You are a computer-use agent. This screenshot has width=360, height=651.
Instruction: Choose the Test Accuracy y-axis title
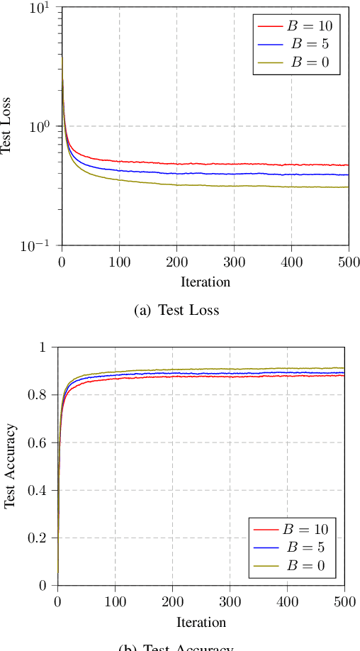pos(10,466)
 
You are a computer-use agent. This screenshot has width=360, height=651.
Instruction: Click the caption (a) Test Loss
pos(176,310)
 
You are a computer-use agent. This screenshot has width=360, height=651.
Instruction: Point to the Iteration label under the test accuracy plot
pos(201,623)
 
